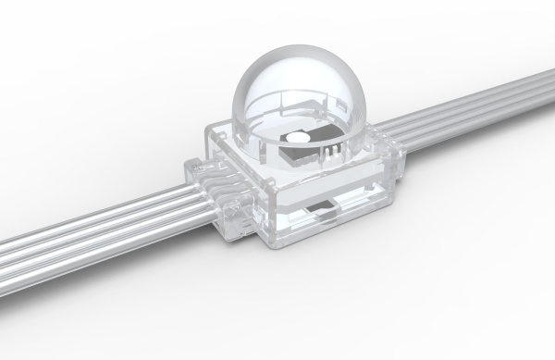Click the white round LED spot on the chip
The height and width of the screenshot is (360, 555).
click(x=295, y=138)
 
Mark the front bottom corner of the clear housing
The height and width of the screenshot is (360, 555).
click(x=271, y=248)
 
